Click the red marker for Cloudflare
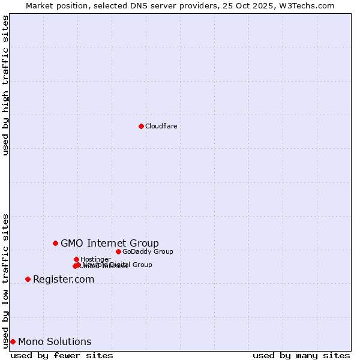(x=141, y=126)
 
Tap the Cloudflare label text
(x=161, y=126)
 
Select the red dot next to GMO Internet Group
(x=55, y=243)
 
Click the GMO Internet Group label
(x=110, y=243)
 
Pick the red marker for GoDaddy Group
(x=118, y=251)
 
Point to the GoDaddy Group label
(x=148, y=251)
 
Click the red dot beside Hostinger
(x=76, y=259)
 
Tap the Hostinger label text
(x=95, y=259)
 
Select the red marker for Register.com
(x=28, y=279)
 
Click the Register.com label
(x=64, y=279)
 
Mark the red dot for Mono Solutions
(x=13, y=341)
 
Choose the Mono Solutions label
(x=55, y=342)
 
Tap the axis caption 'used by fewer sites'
(x=62, y=355)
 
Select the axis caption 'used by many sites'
(x=301, y=355)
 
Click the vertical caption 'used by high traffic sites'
(x=5, y=85)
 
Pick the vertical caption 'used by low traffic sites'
(x=5, y=281)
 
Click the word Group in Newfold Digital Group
(x=142, y=265)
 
